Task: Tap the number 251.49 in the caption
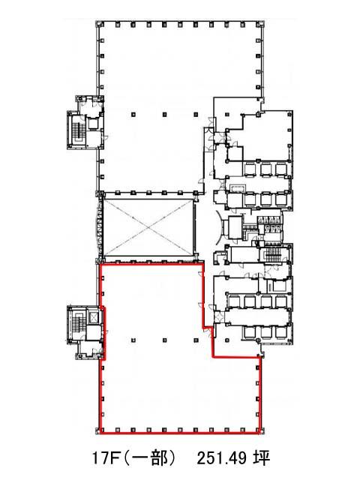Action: (x=222, y=458)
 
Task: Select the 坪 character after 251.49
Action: (x=262, y=458)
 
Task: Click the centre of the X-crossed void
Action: (x=148, y=227)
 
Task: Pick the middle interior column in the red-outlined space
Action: (x=165, y=340)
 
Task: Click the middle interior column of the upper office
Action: (x=165, y=115)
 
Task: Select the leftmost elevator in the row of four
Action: (x=233, y=301)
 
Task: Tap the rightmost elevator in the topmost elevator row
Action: (x=280, y=169)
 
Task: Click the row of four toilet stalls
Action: (x=268, y=224)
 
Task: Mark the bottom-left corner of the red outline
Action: (x=100, y=433)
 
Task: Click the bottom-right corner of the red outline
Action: (x=260, y=433)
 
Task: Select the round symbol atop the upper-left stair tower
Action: (x=80, y=99)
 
